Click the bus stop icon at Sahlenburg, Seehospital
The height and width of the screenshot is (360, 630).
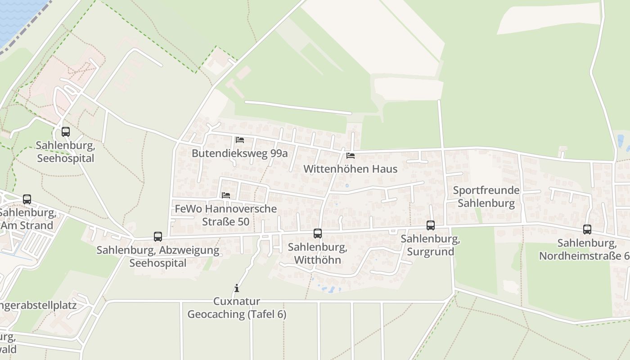coord(66,132)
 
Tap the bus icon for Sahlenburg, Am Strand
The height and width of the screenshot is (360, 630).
coord(27,199)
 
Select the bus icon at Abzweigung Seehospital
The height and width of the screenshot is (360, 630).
coord(158,236)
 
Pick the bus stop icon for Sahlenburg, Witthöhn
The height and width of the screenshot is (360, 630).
coord(318,233)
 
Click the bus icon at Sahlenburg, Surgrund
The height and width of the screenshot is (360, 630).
coord(431,225)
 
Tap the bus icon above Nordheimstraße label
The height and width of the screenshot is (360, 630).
coord(587,229)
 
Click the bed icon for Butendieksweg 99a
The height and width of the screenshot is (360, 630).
coord(240,140)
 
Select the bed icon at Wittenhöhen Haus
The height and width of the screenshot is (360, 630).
coord(351,156)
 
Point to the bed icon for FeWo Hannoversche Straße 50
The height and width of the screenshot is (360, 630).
coord(226,195)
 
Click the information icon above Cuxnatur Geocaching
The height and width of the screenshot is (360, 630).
coord(237,288)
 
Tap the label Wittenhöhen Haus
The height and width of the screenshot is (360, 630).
coord(351,169)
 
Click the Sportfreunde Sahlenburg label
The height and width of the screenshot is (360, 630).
coord(486,197)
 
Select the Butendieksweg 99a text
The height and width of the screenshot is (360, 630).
coord(239,153)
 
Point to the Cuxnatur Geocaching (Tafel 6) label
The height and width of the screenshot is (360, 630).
coord(237,308)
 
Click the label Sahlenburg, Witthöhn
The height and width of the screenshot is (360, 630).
coord(317,253)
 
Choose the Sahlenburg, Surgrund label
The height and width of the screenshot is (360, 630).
coord(430,245)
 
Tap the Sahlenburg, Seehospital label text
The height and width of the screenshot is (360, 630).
coord(65,152)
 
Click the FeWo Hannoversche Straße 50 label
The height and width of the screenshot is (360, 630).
coord(225,215)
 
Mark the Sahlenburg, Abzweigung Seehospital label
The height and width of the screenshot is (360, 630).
coord(158,256)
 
